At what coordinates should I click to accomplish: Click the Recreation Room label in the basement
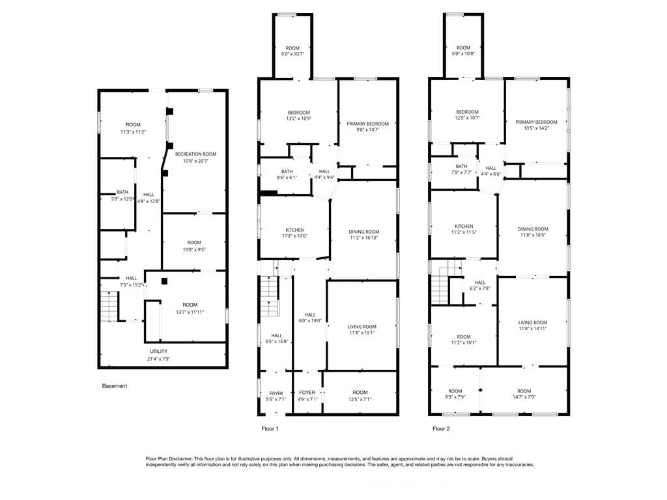pyautogui.click(x=195, y=154)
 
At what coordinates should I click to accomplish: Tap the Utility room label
pyautogui.click(x=159, y=352)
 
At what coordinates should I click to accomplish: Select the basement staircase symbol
pyautogui.click(x=109, y=306)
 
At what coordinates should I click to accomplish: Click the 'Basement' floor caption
pyautogui.click(x=115, y=386)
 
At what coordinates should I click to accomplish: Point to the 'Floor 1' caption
pyautogui.click(x=270, y=429)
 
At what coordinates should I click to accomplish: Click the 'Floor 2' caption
pyautogui.click(x=441, y=429)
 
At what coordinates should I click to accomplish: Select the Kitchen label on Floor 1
pyautogui.click(x=294, y=230)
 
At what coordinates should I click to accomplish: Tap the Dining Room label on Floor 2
pyautogui.click(x=533, y=229)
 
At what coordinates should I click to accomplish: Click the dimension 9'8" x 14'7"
pyautogui.click(x=367, y=130)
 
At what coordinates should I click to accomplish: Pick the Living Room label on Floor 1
pyautogui.click(x=362, y=327)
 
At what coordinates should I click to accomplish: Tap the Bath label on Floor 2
pyautogui.click(x=462, y=166)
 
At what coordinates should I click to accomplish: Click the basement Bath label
pyautogui.click(x=122, y=192)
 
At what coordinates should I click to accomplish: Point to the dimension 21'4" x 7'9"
pyautogui.click(x=159, y=359)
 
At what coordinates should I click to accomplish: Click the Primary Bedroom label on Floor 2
pyautogui.click(x=536, y=122)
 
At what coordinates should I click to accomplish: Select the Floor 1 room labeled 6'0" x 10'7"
pyautogui.click(x=292, y=48)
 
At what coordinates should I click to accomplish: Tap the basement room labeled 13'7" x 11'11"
pyautogui.click(x=190, y=305)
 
